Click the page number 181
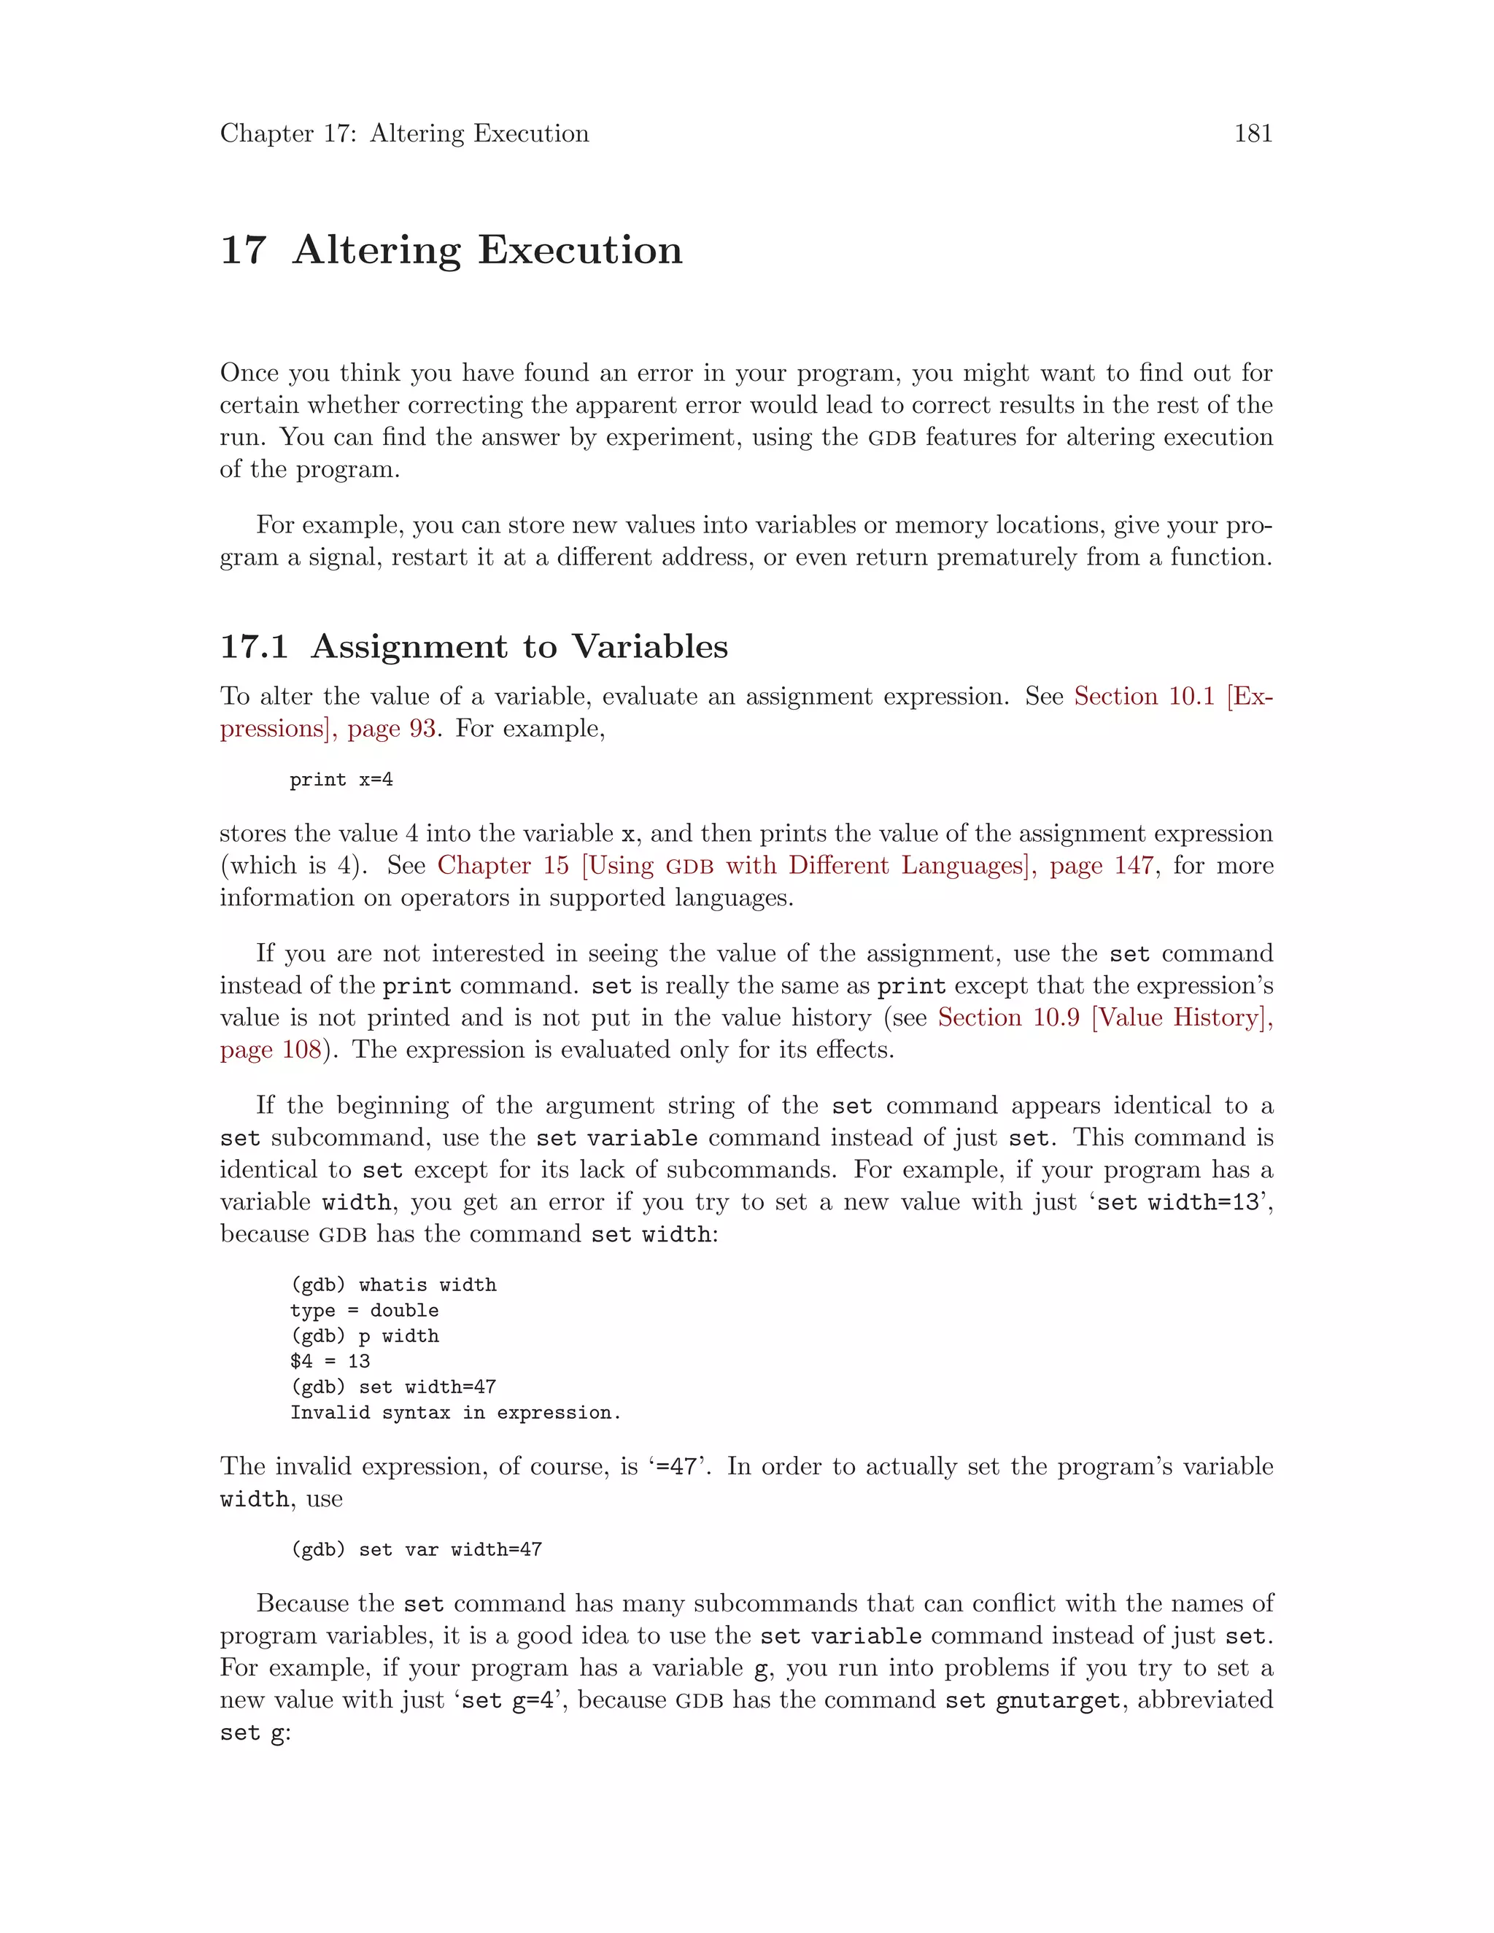coord(1253,133)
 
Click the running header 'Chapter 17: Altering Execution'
coord(404,133)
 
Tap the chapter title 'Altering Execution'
coord(488,249)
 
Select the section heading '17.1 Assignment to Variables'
coord(473,646)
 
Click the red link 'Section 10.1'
coord(1144,697)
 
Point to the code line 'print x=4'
coord(341,780)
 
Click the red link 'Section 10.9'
coord(1008,1018)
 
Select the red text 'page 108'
coord(271,1050)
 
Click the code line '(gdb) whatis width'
coord(393,1285)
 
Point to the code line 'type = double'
coord(364,1311)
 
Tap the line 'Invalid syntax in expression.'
coord(455,1413)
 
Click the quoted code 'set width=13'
coord(1178,1203)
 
